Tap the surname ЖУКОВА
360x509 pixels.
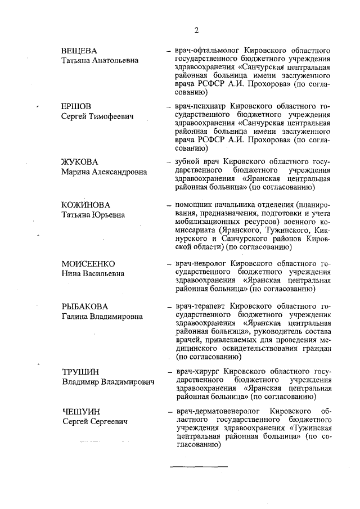pos(80,162)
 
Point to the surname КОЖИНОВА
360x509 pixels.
pos(86,205)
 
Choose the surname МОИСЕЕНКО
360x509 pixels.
pos(88,263)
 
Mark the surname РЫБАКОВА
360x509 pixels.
pos(84,307)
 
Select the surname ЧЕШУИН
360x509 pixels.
pos(79,412)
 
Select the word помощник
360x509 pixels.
pos(195,205)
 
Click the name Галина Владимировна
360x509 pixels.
pos(102,317)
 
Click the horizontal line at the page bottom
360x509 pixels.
pos(199,466)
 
